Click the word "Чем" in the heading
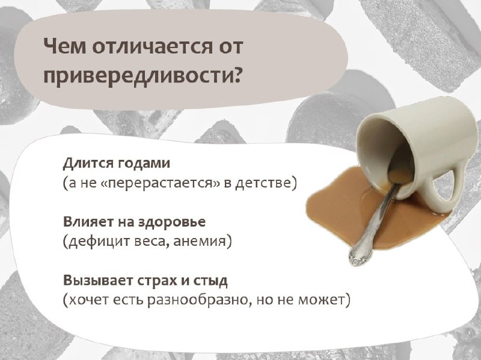click(x=65, y=46)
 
